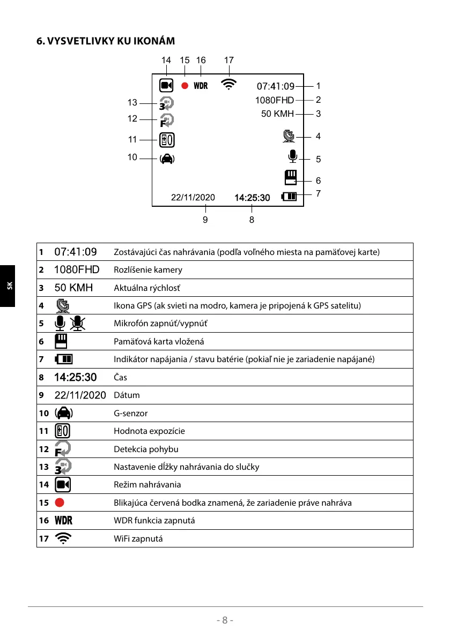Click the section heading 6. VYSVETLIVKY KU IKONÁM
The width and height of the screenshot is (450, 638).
point(105,41)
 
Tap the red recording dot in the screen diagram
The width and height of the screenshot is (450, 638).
point(185,86)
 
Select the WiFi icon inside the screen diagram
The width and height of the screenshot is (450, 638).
point(229,85)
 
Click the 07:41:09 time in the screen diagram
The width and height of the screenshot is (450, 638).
point(276,86)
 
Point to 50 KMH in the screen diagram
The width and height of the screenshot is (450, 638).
point(277,114)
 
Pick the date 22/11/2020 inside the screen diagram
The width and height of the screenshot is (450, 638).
point(193,198)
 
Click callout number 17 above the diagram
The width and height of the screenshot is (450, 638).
point(229,61)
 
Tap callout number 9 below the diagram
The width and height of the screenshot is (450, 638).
point(205,219)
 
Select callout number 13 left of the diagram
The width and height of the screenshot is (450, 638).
point(132,103)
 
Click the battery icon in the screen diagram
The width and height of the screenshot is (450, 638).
point(289,197)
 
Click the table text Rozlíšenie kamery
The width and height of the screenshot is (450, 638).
point(148,269)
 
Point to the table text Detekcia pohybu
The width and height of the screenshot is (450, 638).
point(146,449)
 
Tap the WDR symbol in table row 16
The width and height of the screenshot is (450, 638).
point(63,521)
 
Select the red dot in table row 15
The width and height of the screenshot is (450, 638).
point(60,502)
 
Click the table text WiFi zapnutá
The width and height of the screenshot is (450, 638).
point(138,538)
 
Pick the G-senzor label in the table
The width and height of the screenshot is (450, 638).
point(130,413)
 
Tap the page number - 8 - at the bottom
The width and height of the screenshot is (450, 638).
point(225,620)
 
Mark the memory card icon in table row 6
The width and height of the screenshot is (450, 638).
point(62,341)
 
